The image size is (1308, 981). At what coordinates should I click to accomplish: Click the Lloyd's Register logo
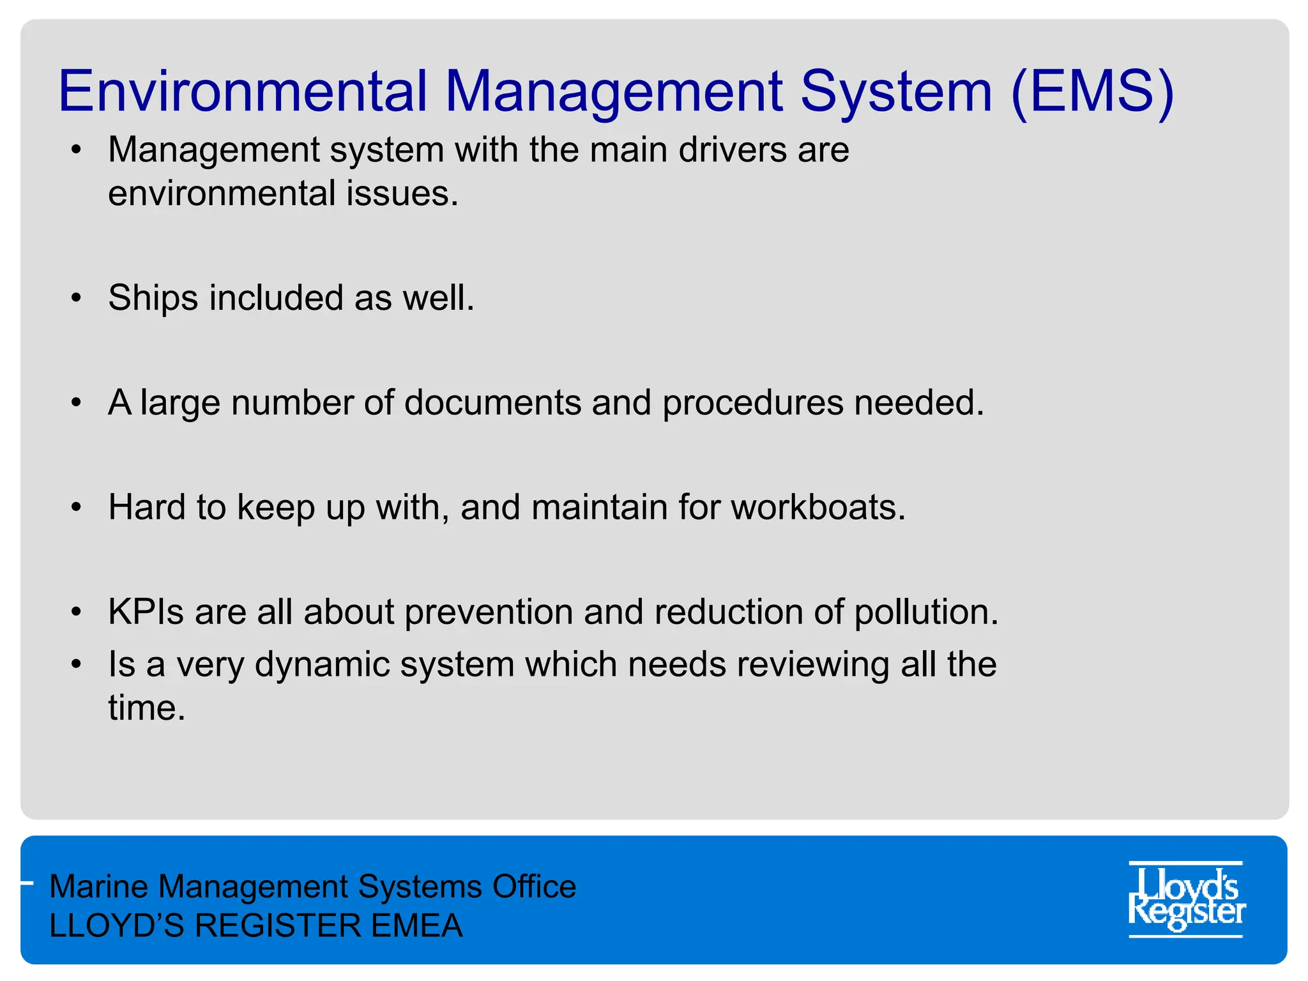(1186, 899)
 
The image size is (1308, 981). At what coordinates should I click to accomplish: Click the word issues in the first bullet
(402, 194)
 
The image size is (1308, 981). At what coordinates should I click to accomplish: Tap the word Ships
(153, 298)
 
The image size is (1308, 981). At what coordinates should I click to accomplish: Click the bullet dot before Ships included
(77, 298)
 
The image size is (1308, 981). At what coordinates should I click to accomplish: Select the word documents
(492, 403)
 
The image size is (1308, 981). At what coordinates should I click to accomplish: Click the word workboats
(817, 508)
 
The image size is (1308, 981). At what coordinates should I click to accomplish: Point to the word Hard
(147, 508)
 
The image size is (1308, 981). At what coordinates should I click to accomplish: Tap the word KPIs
(146, 612)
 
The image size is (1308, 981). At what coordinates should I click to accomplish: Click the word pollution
(925, 612)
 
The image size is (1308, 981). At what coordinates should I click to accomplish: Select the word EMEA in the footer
(416, 925)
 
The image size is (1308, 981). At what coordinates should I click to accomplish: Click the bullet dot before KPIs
(77, 612)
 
